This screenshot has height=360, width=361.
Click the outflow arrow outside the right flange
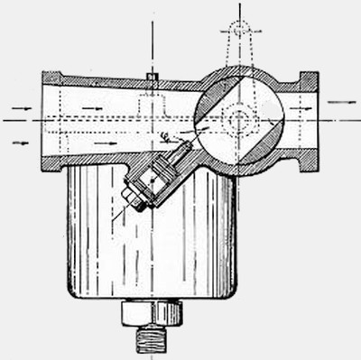pos(341,103)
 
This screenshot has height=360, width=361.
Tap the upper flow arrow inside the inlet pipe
pos(90,108)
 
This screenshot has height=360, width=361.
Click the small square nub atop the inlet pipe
pos(153,76)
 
